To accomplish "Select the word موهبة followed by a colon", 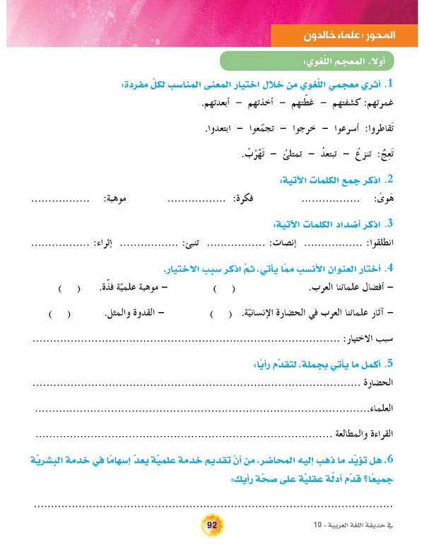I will click(x=123, y=199).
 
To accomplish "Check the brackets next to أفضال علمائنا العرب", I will click(x=220, y=289).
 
